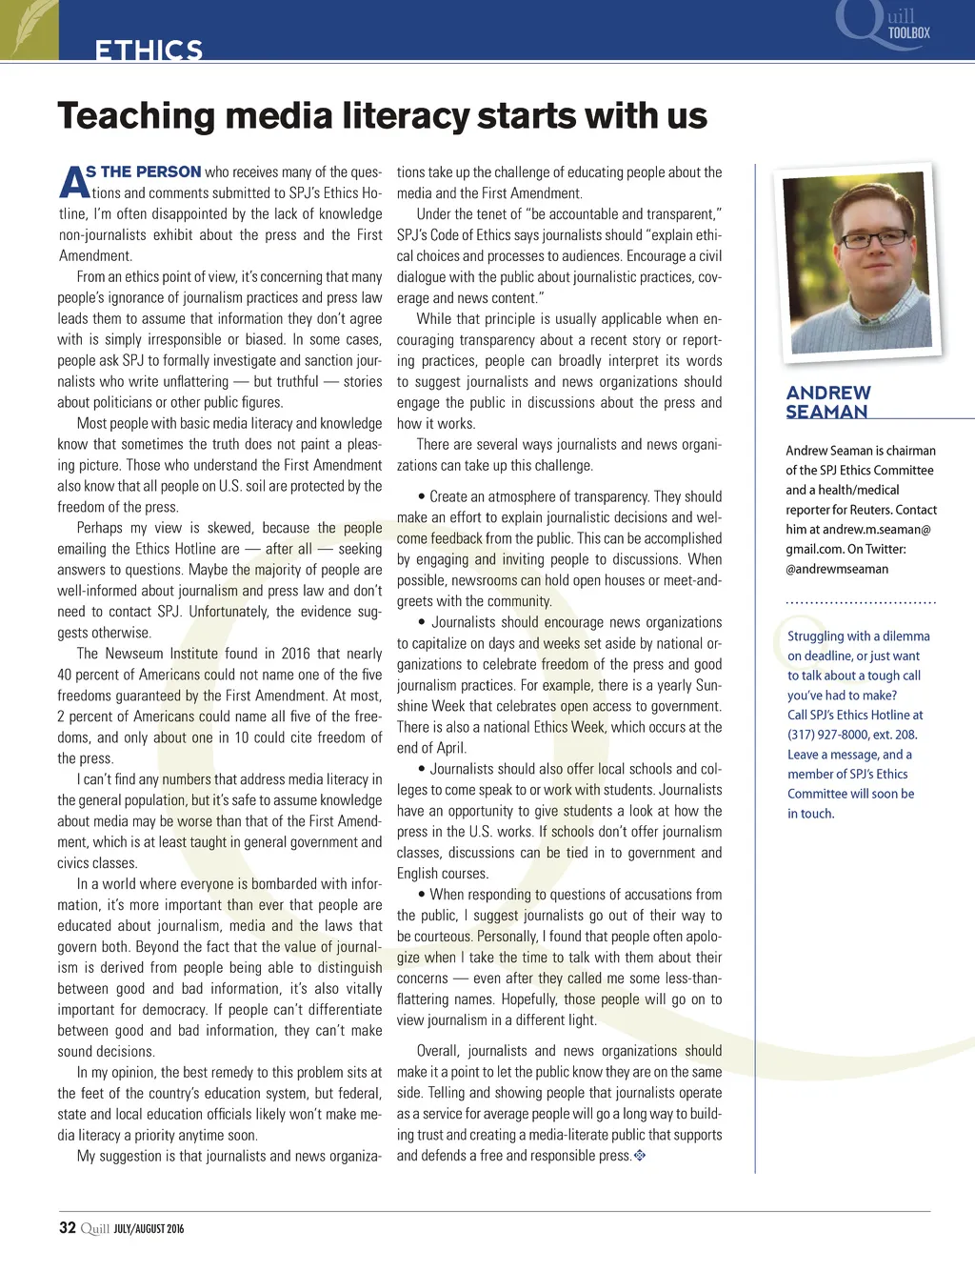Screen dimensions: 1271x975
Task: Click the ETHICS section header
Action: (149, 50)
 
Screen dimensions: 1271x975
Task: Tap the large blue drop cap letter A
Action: (71, 182)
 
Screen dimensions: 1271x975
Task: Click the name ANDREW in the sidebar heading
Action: (828, 393)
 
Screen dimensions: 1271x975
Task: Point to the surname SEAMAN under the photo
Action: (826, 412)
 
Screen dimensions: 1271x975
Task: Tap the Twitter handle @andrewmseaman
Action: (837, 569)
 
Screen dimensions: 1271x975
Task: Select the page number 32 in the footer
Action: (68, 1227)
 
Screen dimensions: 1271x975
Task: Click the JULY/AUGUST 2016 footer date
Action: (149, 1229)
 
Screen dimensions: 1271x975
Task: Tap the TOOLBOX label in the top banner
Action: (908, 32)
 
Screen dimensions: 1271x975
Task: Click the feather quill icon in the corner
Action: (28, 28)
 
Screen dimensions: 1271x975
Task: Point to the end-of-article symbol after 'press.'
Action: (640, 1156)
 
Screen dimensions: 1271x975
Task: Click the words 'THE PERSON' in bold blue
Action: (150, 171)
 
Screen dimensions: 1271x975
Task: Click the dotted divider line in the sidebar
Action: (861, 603)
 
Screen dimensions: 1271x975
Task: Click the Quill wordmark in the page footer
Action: (95, 1228)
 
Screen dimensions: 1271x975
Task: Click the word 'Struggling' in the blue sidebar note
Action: (815, 636)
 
